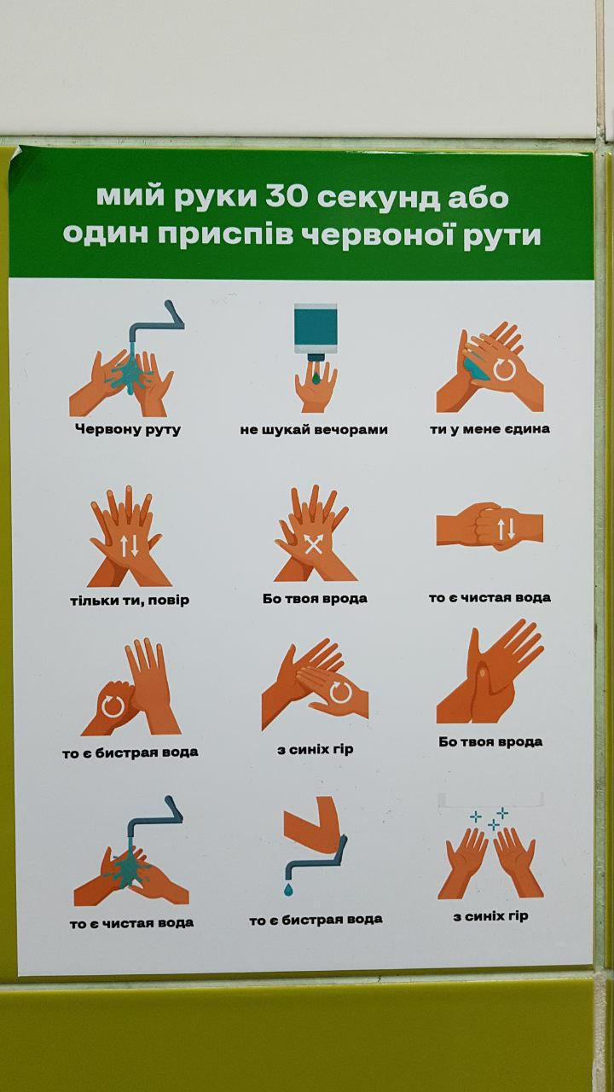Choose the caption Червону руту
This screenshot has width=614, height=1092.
128,429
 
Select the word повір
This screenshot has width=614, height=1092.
169,600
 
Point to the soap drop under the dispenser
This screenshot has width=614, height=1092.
316,377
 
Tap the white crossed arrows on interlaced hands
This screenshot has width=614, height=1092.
313,544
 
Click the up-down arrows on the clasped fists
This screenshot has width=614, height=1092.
506,529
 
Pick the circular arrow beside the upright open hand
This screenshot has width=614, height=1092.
112,705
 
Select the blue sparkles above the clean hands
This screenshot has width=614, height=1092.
489,818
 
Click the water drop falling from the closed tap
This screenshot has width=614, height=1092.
288,890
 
